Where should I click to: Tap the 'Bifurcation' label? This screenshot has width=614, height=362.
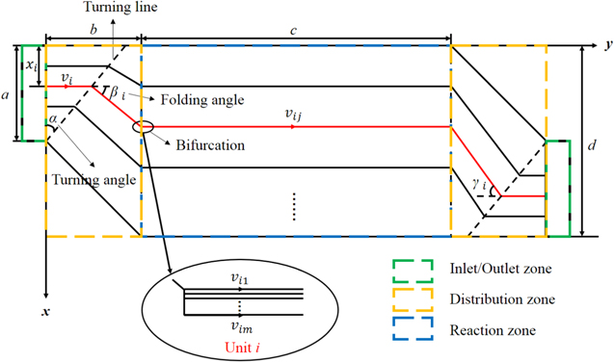[207, 146]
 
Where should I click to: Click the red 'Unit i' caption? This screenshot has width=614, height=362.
[242, 347]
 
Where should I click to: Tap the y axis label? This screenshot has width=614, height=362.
[607, 45]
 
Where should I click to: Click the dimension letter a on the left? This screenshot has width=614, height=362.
[8, 97]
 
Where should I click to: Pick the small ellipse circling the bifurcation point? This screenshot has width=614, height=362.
[143, 126]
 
